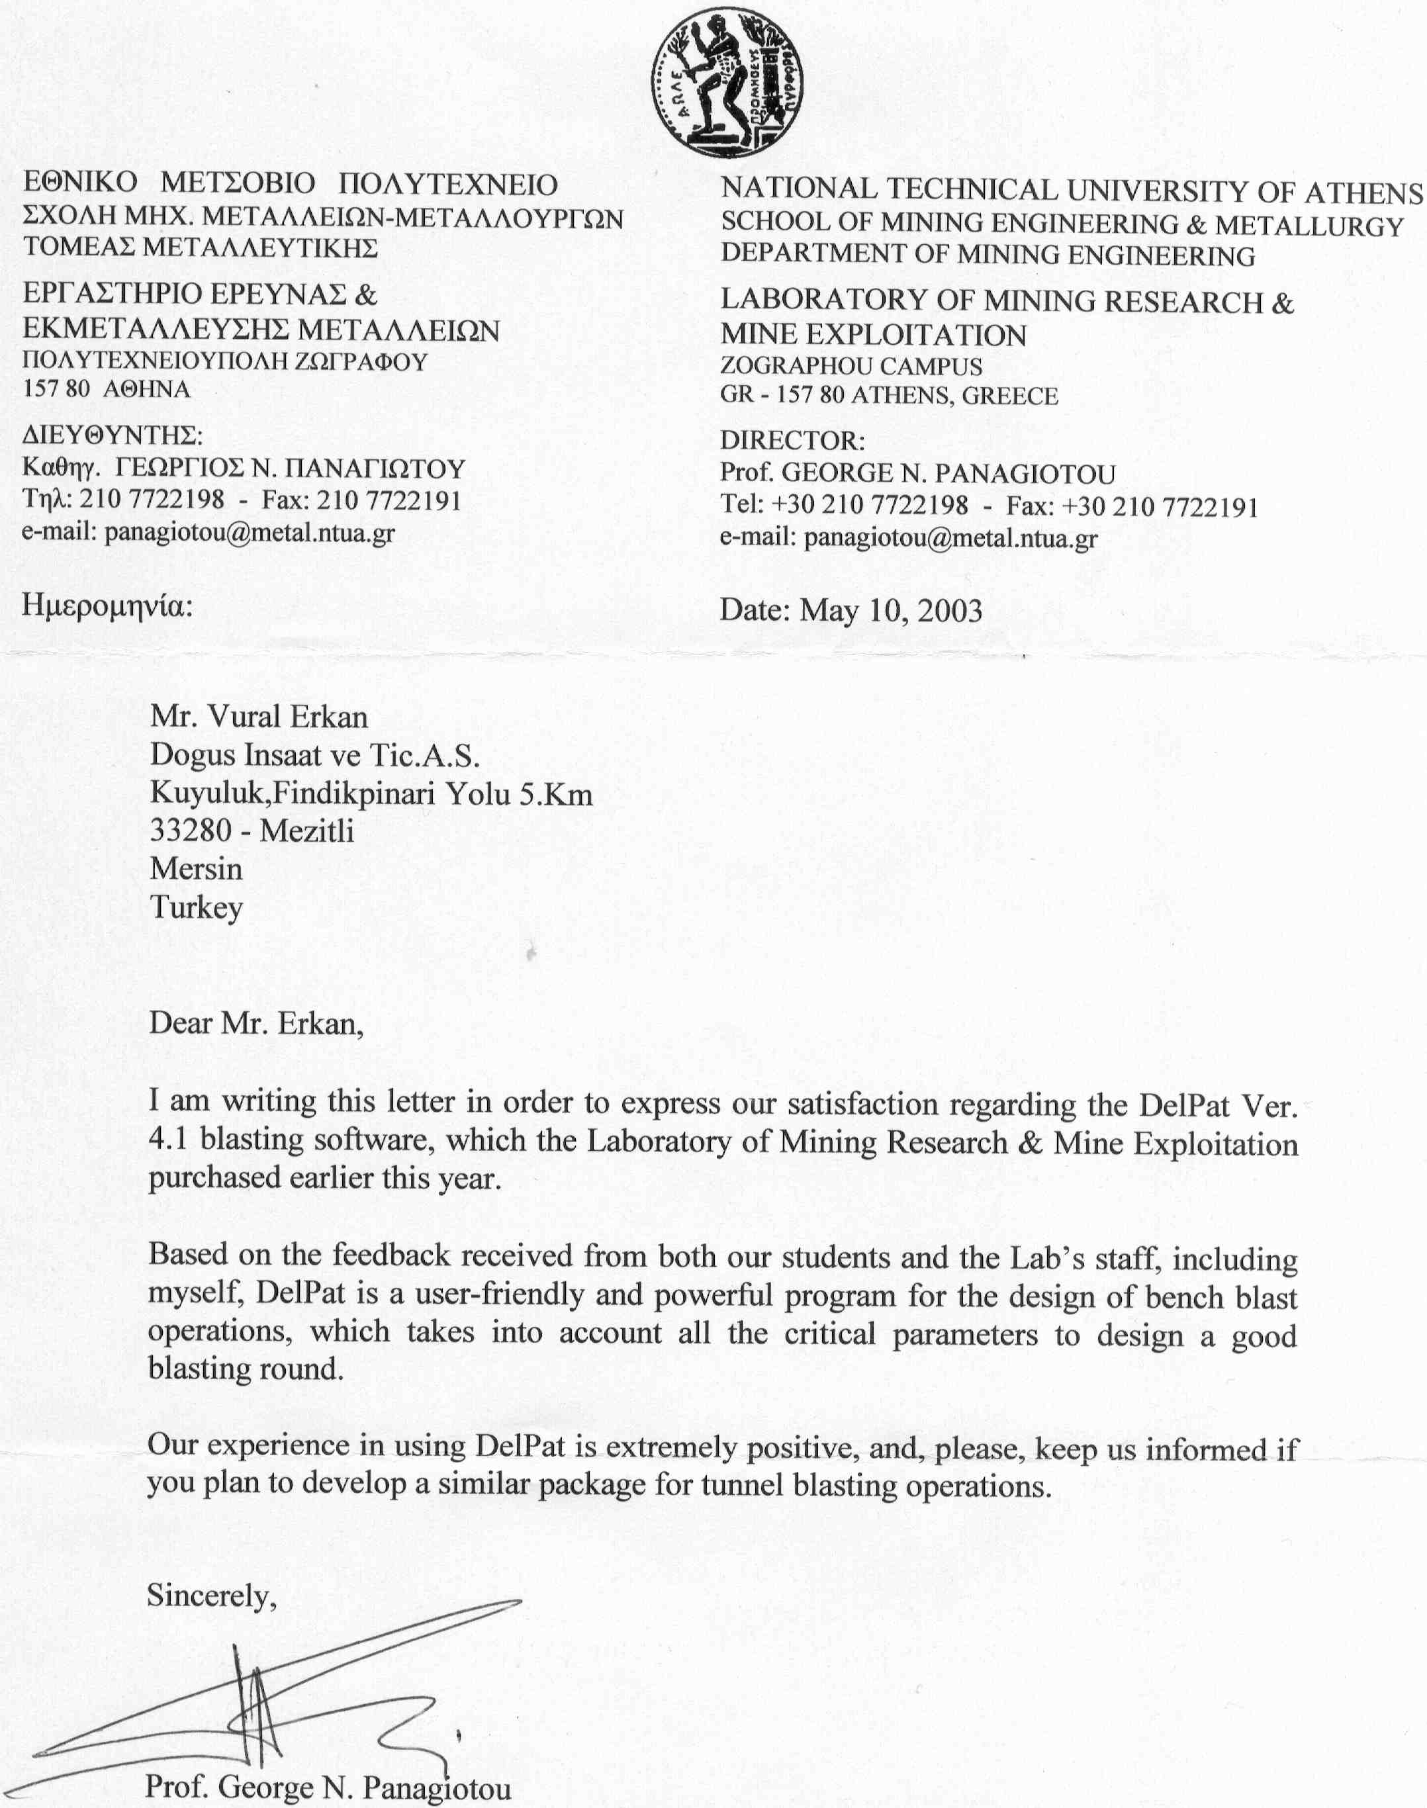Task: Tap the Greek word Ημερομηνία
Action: [x=107, y=605]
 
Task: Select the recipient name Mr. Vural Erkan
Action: [x=259, y=717]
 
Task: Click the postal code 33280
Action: [x=191, y=831]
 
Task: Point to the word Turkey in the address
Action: [x=197, y=907]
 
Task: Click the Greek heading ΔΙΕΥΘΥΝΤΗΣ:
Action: [x=113, y=435]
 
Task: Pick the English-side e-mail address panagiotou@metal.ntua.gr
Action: [x=950, y=539]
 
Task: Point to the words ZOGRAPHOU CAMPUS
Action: [x=851, y=366]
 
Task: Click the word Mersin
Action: [x=197, y=869]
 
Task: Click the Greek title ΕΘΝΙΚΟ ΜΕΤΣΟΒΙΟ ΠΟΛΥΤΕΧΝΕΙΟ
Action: [x=290, y=184]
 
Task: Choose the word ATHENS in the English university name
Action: [x=1363, y=194]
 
